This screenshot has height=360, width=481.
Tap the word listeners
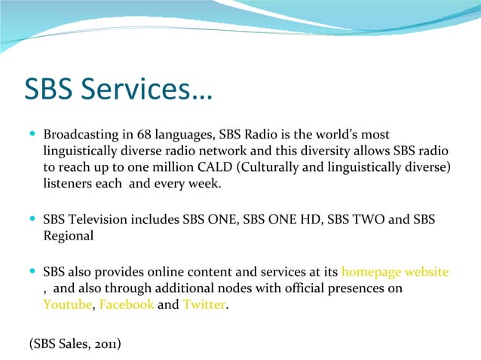coord(67,183)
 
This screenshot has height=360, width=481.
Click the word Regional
coord(69,236)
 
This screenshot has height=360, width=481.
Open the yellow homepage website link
coord(395,272)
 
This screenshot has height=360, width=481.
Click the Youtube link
coord(67,304)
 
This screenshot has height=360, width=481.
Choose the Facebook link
coord(127,304)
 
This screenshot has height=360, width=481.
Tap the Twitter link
coord(204,304)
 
